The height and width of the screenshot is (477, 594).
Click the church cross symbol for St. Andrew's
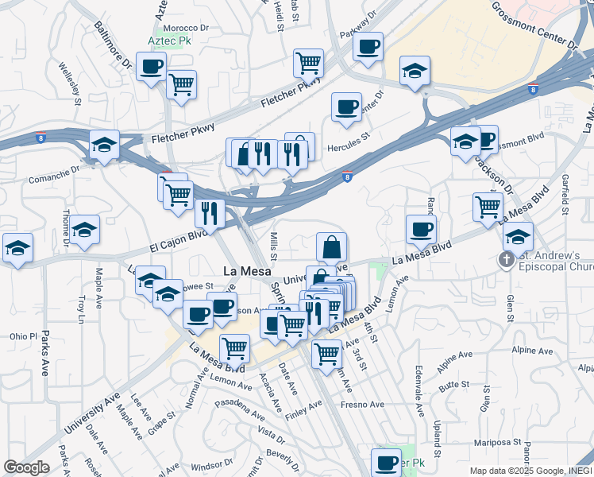click(506, 260)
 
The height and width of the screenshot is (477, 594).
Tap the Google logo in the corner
click(26, 467)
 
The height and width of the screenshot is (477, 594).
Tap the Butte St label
click(454, 384)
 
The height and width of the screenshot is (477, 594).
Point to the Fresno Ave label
click(363, 405)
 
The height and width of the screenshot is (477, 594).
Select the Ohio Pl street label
click(23, 336)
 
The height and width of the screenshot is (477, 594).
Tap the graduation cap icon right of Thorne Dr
click(84, 230)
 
